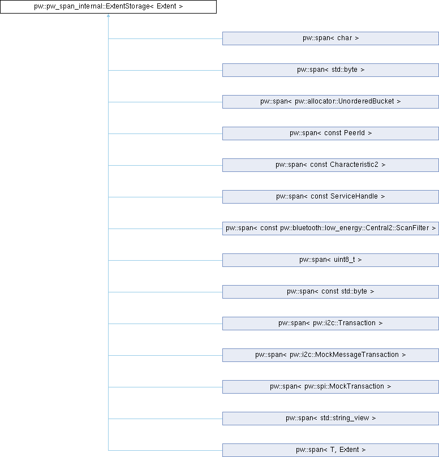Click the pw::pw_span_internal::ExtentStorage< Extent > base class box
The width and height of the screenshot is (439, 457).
(x=108, y=7)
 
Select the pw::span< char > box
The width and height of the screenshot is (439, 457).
(x=330, y=38)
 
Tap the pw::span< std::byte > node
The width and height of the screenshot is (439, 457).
(x=330, y=70)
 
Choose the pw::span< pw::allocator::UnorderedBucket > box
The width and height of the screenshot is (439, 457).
(x=330, y=102)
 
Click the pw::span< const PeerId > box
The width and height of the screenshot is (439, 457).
(x=330, y=133)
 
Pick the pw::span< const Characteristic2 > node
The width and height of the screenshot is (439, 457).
(x=330, y=165)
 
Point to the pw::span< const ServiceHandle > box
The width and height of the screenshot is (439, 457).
(x=330, y=197)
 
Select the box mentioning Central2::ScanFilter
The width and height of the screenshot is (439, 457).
(x=330, y=228)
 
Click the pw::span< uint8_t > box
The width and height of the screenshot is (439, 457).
(x=330, y=260)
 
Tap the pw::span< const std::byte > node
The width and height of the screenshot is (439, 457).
(x=330, y=292)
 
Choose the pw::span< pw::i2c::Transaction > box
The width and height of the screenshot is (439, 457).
(x=330, y=324)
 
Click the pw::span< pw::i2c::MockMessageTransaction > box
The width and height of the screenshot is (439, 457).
(x=330, y=355)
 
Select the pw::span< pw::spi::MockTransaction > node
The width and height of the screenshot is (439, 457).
(x=330, y=387)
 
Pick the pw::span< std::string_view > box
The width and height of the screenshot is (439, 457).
(x=330, y=419)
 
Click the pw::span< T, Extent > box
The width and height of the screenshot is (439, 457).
(x=330, y=450)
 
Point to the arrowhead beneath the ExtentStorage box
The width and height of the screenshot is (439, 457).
(x=108, y=15)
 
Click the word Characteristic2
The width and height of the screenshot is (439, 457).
(x=354, y=165)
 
